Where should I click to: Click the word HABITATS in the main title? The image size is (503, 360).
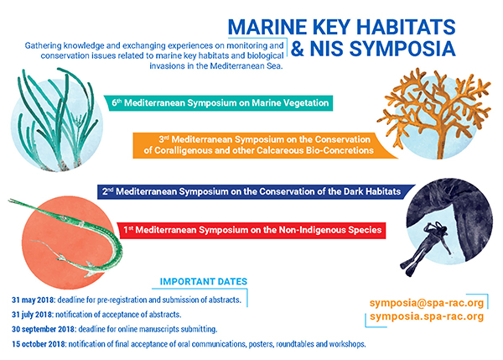pos(405,27)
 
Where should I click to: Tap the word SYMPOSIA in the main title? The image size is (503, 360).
pos(402,49)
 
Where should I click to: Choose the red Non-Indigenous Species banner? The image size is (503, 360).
pos(251,230)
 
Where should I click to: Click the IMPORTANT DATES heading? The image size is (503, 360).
pos(204,282)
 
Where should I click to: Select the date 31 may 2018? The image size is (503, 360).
pos(33,300)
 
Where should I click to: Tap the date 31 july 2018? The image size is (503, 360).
pos(33,315)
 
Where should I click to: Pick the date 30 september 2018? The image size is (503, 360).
pos(44,330)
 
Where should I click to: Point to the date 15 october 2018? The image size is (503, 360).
pos(39,344)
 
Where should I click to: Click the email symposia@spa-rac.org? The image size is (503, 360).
pos(427,303)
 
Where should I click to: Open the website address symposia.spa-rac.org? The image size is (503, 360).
pos(427,316)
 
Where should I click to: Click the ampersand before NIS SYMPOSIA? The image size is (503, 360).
pos(298,49)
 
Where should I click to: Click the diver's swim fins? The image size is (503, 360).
pos(407,268)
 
